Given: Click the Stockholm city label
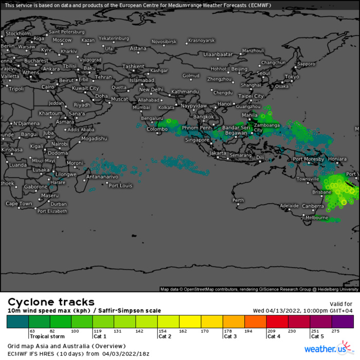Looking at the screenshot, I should [x=18, y=33].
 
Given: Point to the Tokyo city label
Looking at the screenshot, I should [x=292, y=77].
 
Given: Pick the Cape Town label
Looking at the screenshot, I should [x=19, y=204].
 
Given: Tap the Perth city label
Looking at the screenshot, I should [x=238, y=200].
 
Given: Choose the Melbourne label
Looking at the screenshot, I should [x=317, y=218].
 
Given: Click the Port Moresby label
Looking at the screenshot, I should [x=308, y=159].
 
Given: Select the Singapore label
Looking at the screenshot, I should [x=197, y=140].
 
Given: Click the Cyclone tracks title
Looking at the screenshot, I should [x=50, y=302].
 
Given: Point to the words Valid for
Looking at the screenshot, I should [x=341, y=303].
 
